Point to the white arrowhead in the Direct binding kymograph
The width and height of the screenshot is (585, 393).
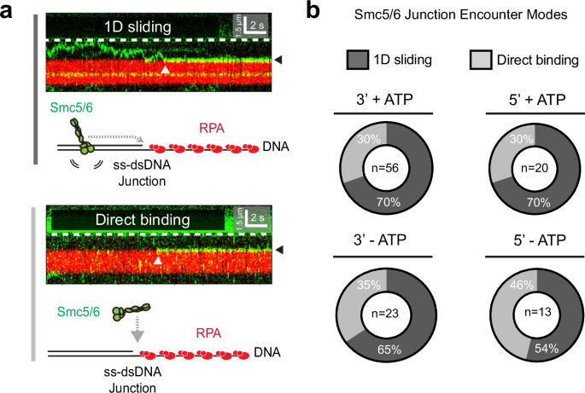click(x=157, y=260)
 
